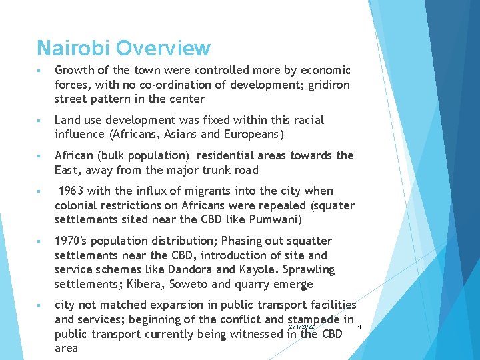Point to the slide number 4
[359, 327]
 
